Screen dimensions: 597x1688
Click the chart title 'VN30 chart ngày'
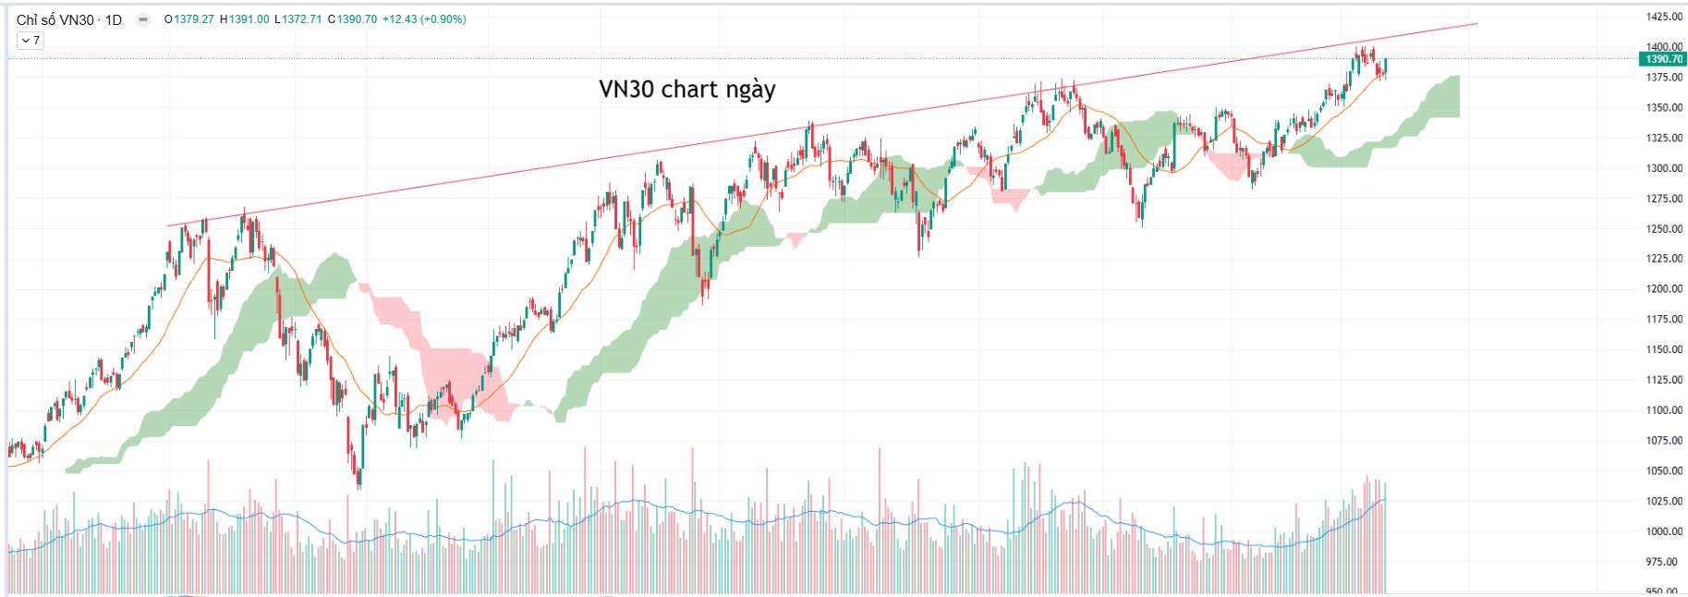(686, 90)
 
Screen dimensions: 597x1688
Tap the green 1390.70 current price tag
(1663, 59)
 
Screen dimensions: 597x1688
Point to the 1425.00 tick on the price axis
(1663, 17)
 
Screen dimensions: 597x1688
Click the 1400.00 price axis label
(1663, 46)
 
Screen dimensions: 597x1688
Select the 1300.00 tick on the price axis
(1663, 168)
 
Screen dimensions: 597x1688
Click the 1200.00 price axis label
(1663, 288)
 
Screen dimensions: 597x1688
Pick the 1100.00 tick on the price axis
(1663, 409)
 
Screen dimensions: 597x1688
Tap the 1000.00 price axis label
(1663, 531)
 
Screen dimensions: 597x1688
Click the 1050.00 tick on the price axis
(1663, 470)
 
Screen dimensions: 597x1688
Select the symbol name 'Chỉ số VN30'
(55, 19)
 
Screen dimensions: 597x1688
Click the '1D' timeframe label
(113, 19)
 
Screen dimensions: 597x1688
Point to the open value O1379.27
(188, 19)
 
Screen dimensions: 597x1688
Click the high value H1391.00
(245, 19)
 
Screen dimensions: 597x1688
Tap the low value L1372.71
(298, 19)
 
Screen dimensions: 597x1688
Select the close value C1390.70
(352, 19)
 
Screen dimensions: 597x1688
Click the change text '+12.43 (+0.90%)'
(424, 19)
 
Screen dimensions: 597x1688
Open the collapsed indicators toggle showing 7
(30, 41)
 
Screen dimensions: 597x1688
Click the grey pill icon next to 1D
(142, 19)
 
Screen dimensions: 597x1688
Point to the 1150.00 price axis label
(1663, 349)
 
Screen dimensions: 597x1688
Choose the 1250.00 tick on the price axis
(1663, 228)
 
